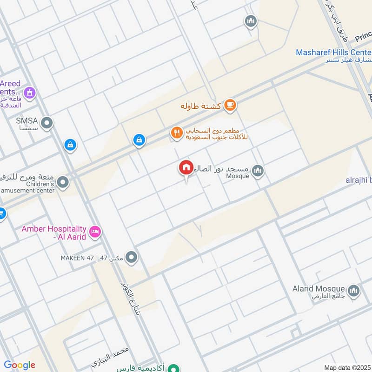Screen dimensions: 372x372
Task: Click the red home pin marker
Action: [186, 168]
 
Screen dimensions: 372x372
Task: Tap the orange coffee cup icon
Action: [230, 106]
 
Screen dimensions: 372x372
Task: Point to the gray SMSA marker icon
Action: [46, 123]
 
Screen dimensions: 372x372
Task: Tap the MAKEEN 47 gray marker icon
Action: [132, 257]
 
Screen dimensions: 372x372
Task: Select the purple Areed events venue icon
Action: [30, 93]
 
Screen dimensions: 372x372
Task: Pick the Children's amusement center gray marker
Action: [63, 182]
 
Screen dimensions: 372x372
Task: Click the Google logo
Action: [20, 365]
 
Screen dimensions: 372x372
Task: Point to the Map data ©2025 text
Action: [346, 367]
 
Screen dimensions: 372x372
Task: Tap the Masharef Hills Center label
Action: [334, 53]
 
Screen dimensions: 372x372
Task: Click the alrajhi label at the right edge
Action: [358, 179]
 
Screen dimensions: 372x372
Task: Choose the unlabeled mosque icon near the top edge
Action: [251, 21]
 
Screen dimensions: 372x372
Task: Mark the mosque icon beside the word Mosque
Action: [258, 172]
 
